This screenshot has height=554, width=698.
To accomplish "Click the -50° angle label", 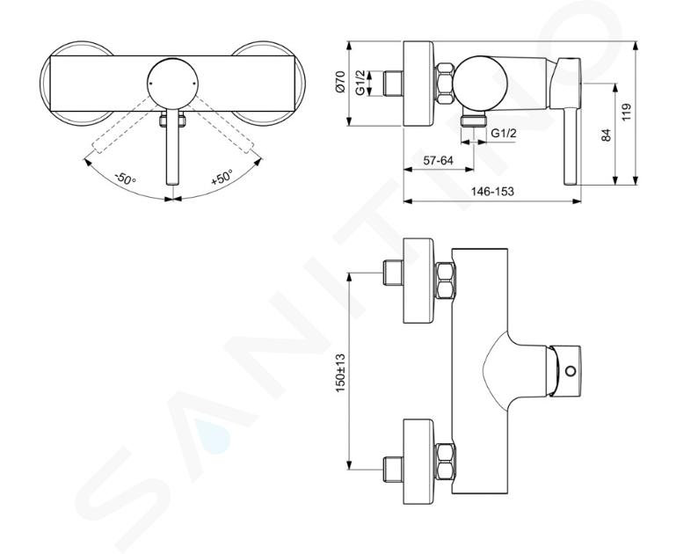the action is pos(125,179).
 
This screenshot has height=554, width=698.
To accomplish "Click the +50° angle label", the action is pos(222,178).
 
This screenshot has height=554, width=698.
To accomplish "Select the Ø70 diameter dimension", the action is pos(340,82).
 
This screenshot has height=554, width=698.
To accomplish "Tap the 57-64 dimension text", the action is pos(438,160).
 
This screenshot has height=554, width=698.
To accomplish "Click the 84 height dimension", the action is pos(607,135).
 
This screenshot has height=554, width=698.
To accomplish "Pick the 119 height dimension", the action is pos(626,113).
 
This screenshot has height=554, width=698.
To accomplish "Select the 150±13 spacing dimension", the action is pos(340,373).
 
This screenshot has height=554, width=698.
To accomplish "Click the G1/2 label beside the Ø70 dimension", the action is pos(360,83).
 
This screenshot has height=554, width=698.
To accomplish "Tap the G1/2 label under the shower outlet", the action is pos(504,133).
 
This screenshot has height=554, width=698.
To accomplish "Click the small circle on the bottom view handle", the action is pos(570,370).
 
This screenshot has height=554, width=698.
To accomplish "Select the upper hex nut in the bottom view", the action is pos(445,281).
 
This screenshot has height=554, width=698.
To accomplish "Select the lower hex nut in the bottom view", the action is pos(445,462).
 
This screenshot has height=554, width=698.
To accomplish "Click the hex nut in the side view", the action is pos(444,84).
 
